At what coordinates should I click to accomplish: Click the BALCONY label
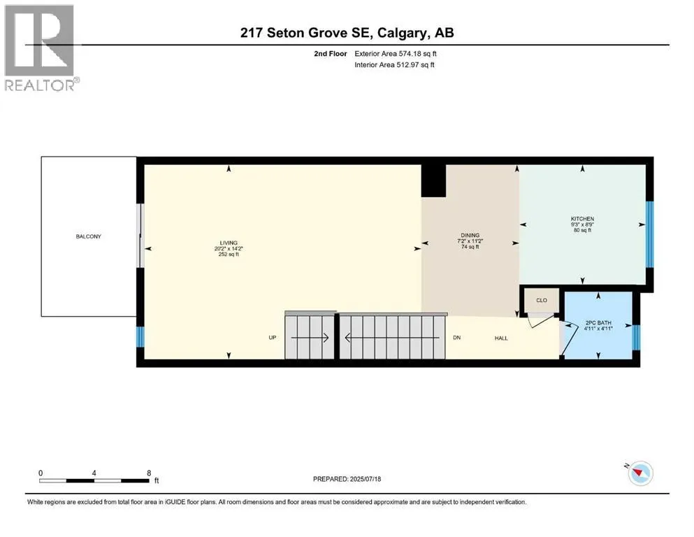pos(88,236)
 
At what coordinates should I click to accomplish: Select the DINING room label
pos(470,236)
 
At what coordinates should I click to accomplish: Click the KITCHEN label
pos(582,219)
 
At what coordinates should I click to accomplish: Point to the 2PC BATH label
pos(598,322)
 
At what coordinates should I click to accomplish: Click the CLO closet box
pos(542,300)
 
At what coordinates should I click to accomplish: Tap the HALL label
pos(501,338)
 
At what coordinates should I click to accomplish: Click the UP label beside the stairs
pos(273,338)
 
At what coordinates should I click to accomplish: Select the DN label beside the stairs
pos(456,338)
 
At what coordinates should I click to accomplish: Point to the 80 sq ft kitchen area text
pos(582,230)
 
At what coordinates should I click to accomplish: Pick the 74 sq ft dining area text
pos(470,247)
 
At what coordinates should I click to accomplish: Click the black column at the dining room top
pos(433,180)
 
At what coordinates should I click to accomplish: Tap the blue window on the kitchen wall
pos(649,234)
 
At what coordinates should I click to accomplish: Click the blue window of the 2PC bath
pos(635,336)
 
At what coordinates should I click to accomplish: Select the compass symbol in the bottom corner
pos(639,473)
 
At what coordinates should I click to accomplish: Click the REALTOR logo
pos(40,48)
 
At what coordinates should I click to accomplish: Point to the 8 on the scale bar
pos(149,473)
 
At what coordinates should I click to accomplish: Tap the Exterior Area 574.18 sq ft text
pos(398,53)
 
